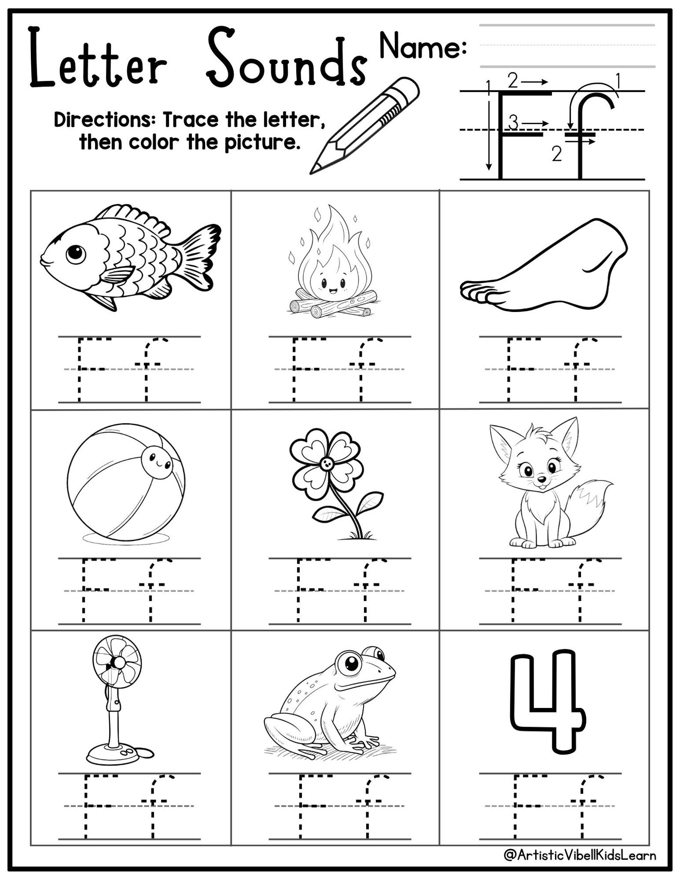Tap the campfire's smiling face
[x=333, y=284]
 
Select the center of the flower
[x=326, y=463]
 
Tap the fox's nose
[x=541, y=479]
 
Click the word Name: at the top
[x=422, y=47]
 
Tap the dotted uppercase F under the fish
[x=88, y=369]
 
